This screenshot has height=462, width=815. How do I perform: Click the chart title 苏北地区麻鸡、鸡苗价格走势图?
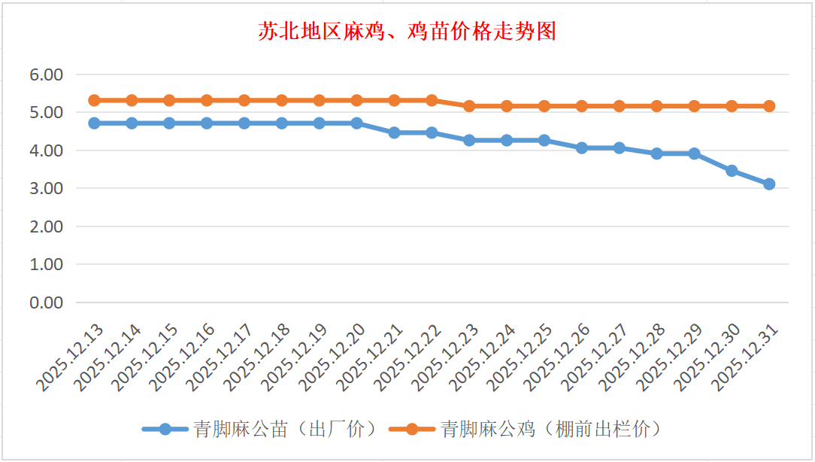coord(407,32)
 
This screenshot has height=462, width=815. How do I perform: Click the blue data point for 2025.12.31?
coord(769,184)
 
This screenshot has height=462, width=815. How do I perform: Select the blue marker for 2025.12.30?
coord(732,171)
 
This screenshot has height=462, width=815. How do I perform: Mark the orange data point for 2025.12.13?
coord(94,100)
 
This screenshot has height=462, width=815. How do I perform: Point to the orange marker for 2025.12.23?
coord(469,106)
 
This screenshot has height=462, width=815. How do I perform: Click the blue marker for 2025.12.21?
coord(394,132)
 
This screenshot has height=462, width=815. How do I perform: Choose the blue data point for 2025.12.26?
coord(582,147)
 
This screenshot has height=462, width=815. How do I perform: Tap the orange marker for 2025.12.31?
coord(769,106)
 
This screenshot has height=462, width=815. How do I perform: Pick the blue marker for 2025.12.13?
coord(94,123)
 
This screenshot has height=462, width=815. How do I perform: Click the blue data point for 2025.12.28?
coord(656,153)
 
